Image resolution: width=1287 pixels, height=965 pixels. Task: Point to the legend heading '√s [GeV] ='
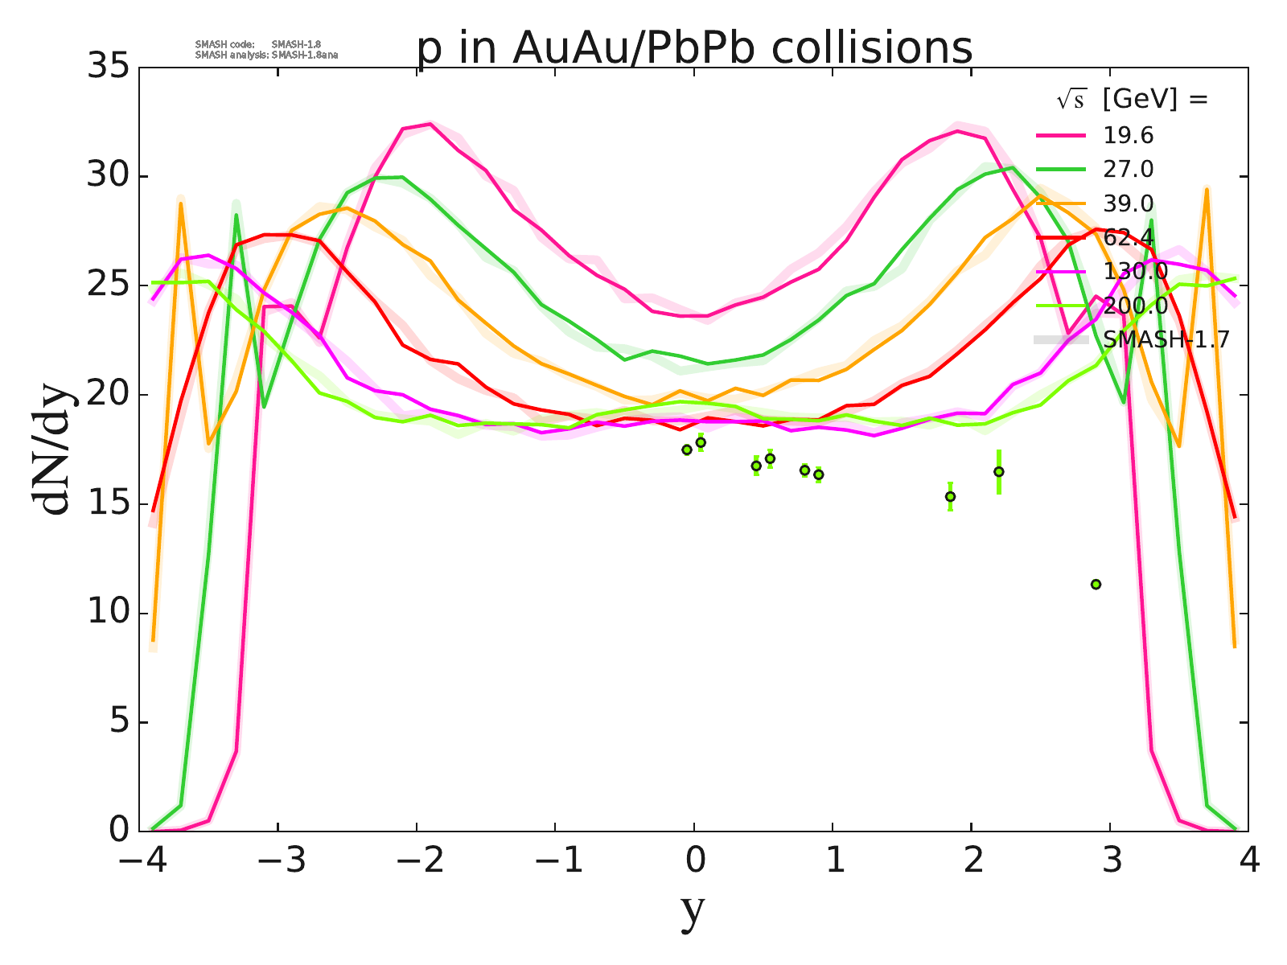[x=1132, y=100]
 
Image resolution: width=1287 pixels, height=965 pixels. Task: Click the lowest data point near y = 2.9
[x=1096, y=584]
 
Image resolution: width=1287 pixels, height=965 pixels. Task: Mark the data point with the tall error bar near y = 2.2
[x=999, y=471]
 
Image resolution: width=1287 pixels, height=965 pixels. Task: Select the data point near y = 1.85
[x=950, y=496]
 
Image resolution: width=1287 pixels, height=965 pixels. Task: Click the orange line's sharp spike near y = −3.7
[x=181, y=204]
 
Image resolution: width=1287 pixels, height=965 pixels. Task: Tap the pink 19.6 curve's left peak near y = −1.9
[x=430, y=124]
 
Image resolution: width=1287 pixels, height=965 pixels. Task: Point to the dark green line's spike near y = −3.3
[x=236, y=216]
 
